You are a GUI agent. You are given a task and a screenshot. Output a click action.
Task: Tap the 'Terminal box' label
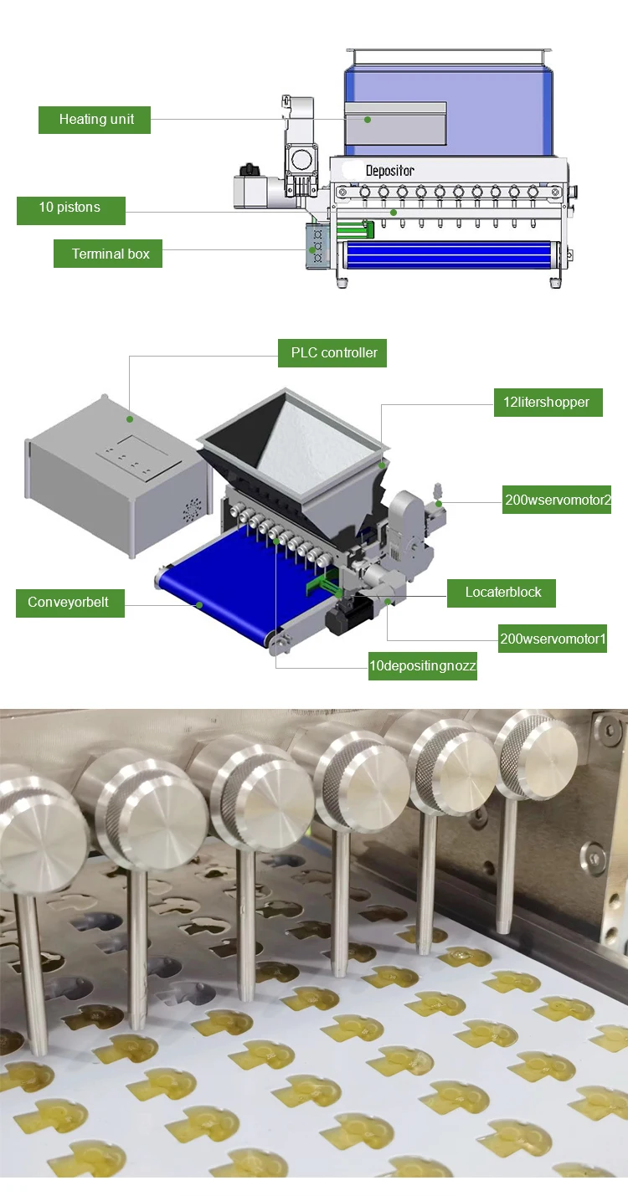click(x=108, y=254)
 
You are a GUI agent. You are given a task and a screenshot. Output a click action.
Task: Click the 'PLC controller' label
click(x=333, y=352)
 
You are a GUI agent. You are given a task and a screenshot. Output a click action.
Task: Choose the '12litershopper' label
click(x=547, y=403)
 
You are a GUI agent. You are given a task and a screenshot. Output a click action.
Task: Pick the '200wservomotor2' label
click(x=557, y=500)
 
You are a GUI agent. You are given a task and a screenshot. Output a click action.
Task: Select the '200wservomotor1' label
click(x=553, y=639)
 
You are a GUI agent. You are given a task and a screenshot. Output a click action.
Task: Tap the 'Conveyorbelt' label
click(x=69, y=603)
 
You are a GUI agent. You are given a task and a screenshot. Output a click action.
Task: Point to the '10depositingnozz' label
click(x=422, y=666)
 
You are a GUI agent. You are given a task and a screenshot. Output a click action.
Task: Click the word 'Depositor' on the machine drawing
click(x=389, y=171)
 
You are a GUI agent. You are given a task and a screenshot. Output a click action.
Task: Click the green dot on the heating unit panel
click(x=368, y=120)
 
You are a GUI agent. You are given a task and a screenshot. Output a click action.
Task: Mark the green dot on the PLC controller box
click(x=130, y=418)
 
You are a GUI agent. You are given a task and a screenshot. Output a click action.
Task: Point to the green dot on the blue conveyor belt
click(x=199, y=603)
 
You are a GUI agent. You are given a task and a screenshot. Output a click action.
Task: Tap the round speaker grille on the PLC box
click(x=193, y=508)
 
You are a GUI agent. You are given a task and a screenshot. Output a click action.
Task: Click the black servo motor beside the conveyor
click(x=346, y=618)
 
